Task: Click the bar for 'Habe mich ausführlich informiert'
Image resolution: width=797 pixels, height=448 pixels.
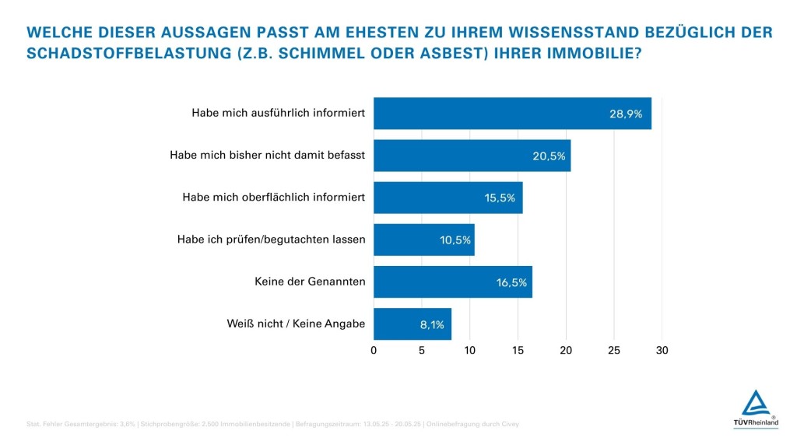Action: [512, 114]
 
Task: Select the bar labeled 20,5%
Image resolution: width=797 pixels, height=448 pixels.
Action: [472, 156]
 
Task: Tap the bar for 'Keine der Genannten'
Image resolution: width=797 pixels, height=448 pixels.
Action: [453, 282]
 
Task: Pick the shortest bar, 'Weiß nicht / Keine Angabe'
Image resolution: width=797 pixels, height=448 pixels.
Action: [413, 324]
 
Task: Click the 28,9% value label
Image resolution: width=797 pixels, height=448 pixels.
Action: [625, 114]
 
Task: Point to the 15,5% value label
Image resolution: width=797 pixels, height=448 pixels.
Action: [500, 198]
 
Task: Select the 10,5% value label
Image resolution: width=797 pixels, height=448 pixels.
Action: [455, 240]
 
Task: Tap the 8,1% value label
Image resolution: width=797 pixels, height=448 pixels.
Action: [432, 324]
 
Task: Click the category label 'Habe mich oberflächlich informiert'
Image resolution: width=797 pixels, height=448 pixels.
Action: [273, 198]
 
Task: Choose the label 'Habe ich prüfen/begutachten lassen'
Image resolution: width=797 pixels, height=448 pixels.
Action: [271, 240]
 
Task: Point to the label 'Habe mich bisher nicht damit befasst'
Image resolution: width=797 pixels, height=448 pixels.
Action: [267, 156]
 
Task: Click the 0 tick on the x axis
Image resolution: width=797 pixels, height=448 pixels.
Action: [374, 350]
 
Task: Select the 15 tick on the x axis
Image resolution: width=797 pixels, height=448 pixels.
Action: [518, 350]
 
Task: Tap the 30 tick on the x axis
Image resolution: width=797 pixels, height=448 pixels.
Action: [662, 350]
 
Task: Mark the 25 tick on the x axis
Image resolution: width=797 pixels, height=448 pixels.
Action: [614, 350]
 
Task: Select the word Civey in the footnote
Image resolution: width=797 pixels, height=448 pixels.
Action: [508, 424]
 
